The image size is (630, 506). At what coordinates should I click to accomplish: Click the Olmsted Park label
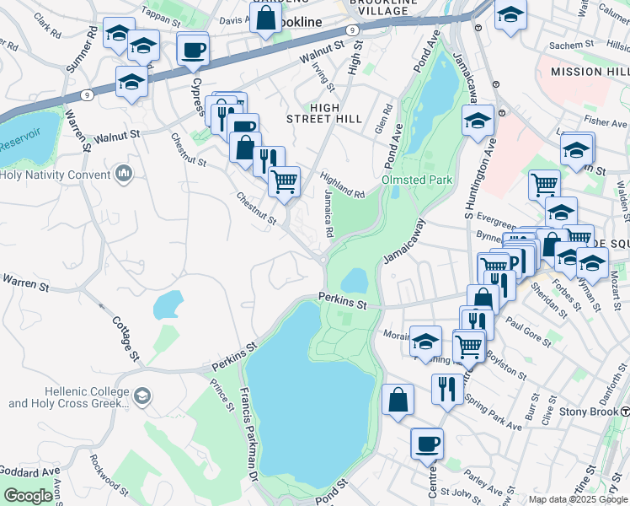tap(417, 180)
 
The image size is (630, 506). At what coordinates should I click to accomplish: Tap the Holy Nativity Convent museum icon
tap(125, 175)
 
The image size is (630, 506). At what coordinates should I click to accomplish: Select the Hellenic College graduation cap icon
tap(142, 396)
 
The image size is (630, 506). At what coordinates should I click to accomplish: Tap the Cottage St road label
tap(126, 337)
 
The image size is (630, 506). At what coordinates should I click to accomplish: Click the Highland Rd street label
tap(341, 184)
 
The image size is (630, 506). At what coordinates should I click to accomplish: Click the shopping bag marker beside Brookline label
tap(265, 19)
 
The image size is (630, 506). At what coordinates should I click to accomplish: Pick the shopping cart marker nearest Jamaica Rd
tap(285, 180)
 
